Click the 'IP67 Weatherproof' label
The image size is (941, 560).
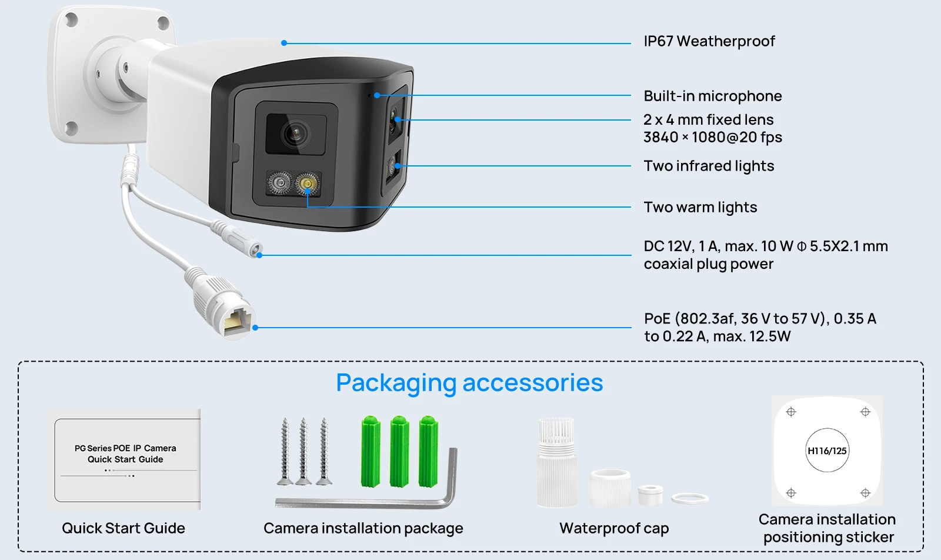(x=709, y=41)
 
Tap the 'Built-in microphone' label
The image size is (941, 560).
(x=712, y=96)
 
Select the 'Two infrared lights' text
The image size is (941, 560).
(x=708, y=166)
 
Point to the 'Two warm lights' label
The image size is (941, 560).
(x=700, y=207)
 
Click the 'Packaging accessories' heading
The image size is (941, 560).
(x=469, y=383)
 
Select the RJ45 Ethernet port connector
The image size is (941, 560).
(x=236, y=321)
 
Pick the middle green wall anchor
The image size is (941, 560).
(x=400, y=452)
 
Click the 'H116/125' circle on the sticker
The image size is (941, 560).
(x=827, y=451)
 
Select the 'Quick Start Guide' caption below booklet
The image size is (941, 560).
(x=124, y=528)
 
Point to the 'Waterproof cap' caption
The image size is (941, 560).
(x=614, y=528)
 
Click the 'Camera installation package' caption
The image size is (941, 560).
(x=363, y=528)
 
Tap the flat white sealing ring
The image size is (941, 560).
(x=690, y=499)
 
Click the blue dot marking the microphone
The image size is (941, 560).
(x=376, y=95)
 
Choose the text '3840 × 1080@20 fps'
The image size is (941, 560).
(x=712, y=138)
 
